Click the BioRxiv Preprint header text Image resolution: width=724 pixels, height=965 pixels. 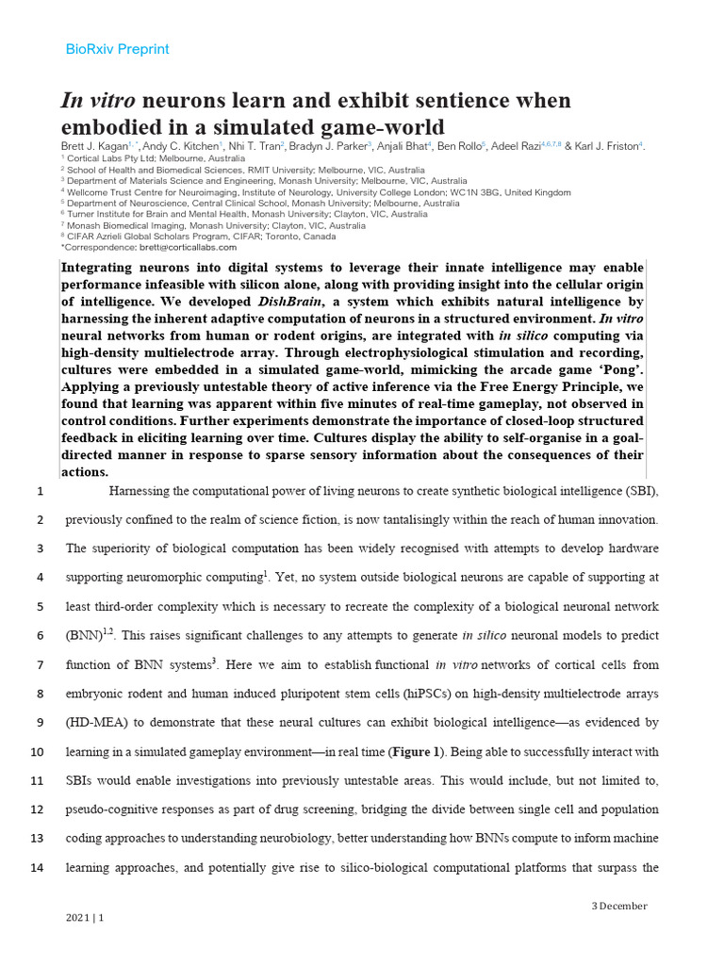[117, 49]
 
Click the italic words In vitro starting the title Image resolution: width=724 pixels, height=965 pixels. [101, 101]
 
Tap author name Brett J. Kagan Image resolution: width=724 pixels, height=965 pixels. [101, 146]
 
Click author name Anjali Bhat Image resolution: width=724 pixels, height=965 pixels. [401, 146]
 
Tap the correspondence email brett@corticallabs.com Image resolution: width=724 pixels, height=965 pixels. [183, 248]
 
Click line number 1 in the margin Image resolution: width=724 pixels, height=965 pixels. [40, 491]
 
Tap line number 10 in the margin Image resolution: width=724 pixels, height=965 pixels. [38, 752]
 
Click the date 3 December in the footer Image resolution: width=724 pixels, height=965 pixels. [619, 906]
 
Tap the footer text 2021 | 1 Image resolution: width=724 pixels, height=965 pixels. [85, 918]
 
